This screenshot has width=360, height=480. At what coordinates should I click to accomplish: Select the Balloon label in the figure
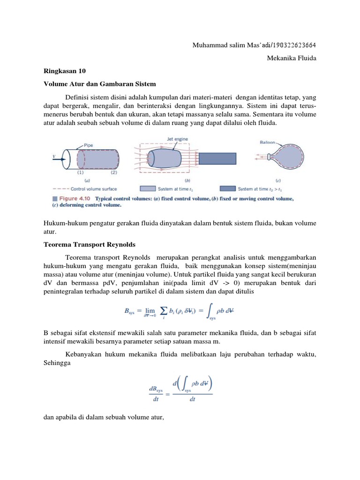coord(268,142)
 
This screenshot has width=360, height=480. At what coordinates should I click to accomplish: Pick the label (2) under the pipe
coord(113,172)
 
